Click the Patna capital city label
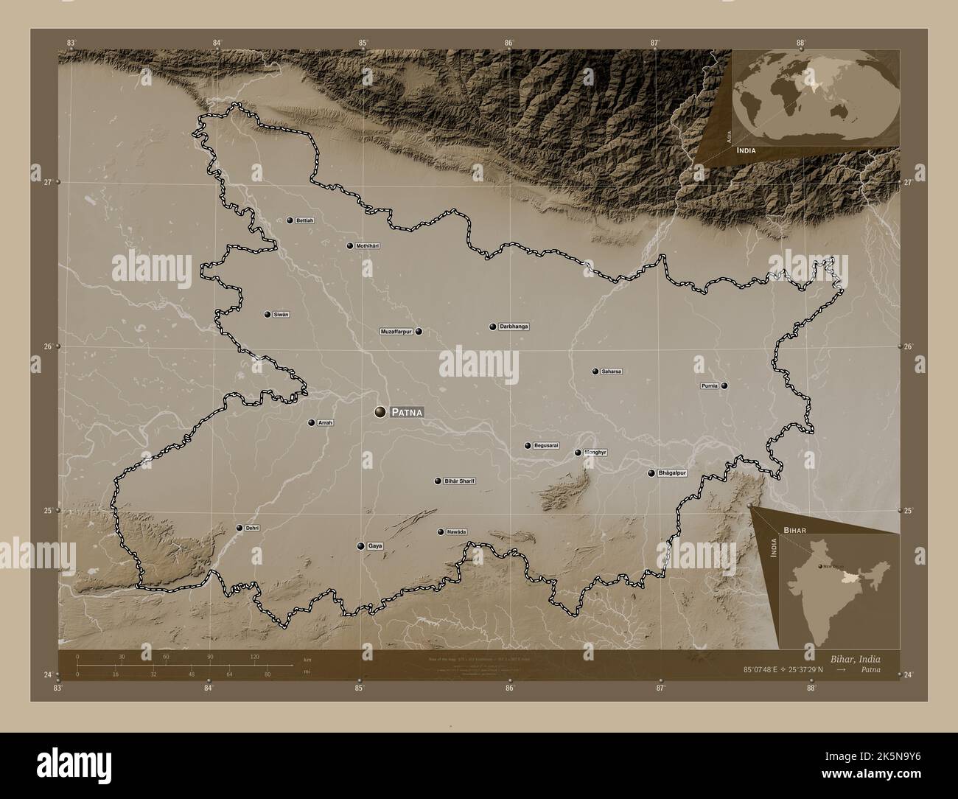click(408, 412)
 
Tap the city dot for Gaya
click(360, 546)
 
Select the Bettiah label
click(305, 220)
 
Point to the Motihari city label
click(367, 245)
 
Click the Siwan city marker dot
click(268, 315)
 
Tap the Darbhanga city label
click(514, 327)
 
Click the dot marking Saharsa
click(595, 371)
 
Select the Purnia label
click(710, 385)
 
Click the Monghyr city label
click(595, 453)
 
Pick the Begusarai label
click(547, 446)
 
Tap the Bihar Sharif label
click(460, 481)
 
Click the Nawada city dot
click(441, 532)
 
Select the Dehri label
click(253, 528)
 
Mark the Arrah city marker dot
click(311, 423)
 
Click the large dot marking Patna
click(380, 411)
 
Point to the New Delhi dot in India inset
click(819, 566)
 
